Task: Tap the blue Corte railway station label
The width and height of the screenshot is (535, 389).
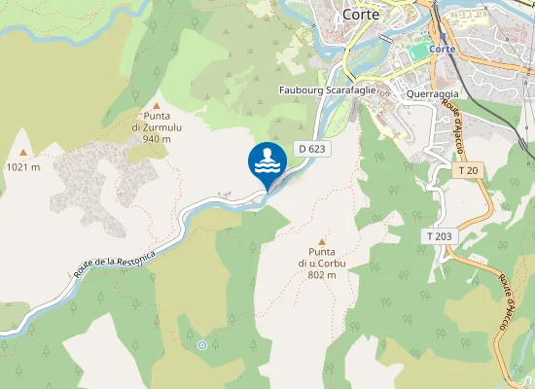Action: click(442, 48)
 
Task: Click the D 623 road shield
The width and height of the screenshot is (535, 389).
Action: click(311, 149)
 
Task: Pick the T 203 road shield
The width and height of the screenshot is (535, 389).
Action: click(439, 236)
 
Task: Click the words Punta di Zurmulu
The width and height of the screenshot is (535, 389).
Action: click(157, 121)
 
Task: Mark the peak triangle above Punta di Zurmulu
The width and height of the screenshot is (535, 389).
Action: click(157, 106)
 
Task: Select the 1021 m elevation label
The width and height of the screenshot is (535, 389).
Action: click(23, 166)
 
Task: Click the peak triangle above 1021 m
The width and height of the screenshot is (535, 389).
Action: click(23, 153)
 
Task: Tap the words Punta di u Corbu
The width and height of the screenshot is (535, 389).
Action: click(322, 258)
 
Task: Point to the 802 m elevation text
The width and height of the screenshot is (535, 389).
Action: click(322, 275)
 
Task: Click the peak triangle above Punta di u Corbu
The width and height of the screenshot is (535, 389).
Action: click(322, 242)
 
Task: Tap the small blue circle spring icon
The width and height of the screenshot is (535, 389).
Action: click(201, 345)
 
